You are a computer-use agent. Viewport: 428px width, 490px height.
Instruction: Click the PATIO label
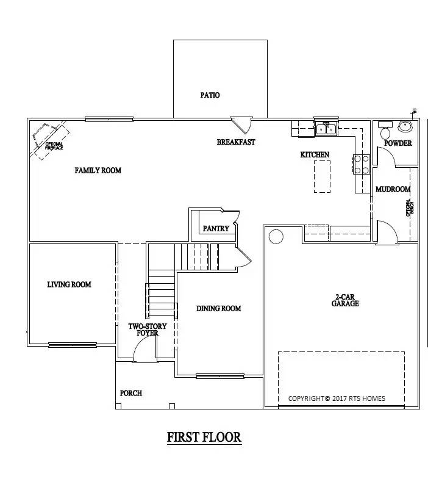(210, 95)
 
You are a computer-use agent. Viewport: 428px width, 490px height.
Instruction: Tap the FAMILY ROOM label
(98, 170)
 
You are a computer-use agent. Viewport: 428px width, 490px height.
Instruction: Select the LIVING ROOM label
(69, 284)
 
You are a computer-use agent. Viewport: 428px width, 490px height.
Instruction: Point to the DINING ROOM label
(218, 309)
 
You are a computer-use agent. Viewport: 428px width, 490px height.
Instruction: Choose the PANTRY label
(216, 229)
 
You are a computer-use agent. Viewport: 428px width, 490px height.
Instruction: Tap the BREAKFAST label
(236, 142)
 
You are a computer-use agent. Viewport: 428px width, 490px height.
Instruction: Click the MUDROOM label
(392, 190)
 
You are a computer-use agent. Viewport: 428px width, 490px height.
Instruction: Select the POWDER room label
(398, 143)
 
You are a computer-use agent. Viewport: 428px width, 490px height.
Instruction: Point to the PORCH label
(130, 393)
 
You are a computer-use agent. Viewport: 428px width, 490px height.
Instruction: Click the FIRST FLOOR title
(204, 437)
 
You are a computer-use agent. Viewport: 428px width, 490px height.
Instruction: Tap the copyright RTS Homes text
(337, 398)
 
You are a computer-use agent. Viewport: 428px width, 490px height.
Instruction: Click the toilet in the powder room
(385, 132)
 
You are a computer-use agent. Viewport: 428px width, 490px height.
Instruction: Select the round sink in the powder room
(405, 126)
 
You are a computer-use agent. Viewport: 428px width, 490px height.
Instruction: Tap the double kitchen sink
(325, 128)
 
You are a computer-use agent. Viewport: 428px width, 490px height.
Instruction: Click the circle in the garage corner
(276, 236)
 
